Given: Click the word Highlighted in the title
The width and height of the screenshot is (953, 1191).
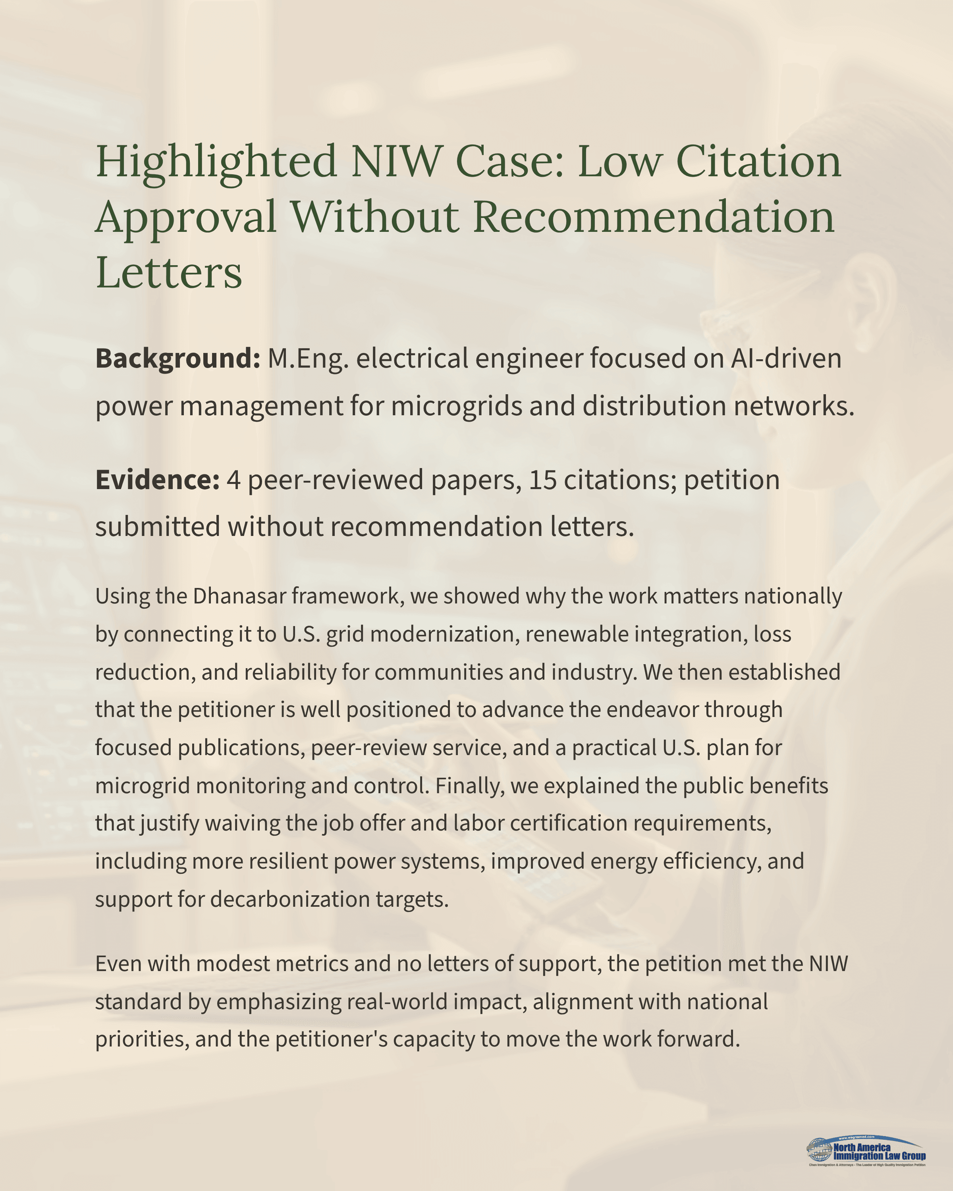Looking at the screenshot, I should [x=216, y=162].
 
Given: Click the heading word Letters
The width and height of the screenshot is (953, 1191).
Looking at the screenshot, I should [x=168, y=272].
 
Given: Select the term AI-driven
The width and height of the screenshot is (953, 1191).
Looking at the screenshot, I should [x=785, y=358].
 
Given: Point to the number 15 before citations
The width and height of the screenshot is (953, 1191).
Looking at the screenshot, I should [x=542, y=480].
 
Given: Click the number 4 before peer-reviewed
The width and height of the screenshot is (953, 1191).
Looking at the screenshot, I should [x=233, y=480].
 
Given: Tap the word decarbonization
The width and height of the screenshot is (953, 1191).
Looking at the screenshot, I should [x=290, y=899].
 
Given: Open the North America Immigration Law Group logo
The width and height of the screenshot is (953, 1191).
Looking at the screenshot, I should [x=866, y=1151].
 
